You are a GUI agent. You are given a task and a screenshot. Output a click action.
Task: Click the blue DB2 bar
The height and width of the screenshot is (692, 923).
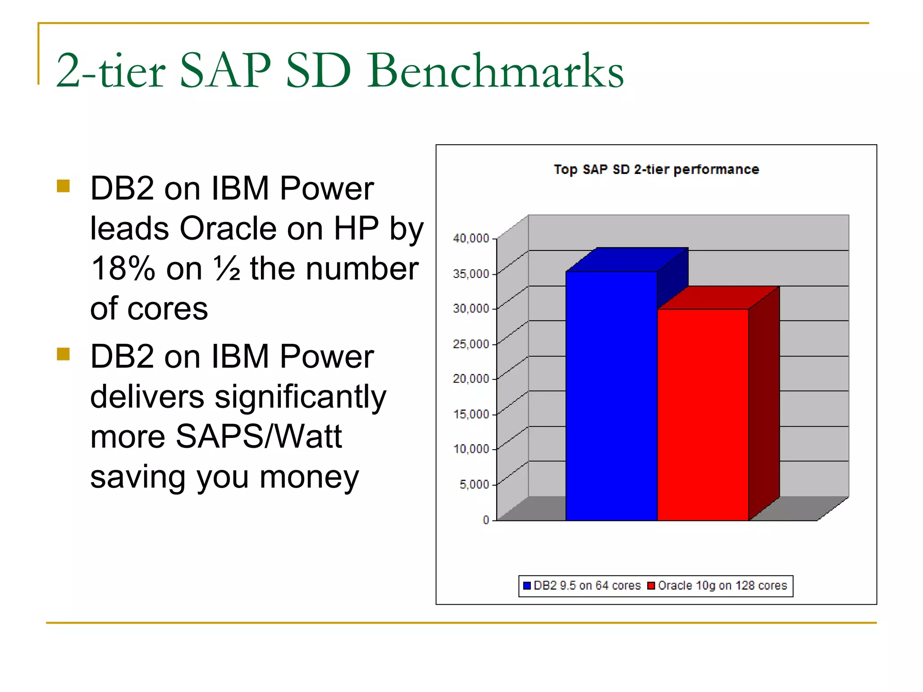[611, 396]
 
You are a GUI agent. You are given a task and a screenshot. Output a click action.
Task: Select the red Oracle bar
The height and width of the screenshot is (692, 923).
[703, 414]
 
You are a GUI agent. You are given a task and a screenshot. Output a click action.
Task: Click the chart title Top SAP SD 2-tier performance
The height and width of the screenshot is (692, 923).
[656, 169]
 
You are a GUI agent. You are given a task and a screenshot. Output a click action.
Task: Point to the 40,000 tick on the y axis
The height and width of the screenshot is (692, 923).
[471, 238]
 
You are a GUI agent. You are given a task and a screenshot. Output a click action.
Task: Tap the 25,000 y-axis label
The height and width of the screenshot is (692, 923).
[471, 344]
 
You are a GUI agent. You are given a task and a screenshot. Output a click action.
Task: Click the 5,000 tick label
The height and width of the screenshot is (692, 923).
[474, 485]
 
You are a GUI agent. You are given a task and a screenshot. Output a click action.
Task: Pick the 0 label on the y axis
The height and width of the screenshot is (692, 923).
[486, 520]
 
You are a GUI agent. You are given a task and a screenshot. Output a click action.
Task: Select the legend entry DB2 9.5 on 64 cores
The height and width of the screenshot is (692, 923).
[587, 586]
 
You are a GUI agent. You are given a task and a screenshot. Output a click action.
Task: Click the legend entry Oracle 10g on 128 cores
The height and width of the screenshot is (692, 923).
[722, 586]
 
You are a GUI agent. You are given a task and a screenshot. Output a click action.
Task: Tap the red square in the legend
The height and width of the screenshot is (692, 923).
[651, 586]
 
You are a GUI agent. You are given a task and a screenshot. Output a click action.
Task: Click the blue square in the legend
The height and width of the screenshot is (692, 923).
[527, 586]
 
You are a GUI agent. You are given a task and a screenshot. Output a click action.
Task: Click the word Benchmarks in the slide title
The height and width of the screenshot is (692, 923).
[496, 71]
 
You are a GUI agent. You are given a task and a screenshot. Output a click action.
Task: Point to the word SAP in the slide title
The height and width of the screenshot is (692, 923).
[225, 71]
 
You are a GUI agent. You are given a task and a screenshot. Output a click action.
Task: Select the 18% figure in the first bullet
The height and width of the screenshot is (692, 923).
[123, 269]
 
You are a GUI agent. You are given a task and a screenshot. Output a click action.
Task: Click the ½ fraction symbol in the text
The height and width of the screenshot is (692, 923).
[227, 269]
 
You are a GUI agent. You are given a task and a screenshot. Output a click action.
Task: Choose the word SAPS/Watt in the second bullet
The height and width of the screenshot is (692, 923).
[259, 437]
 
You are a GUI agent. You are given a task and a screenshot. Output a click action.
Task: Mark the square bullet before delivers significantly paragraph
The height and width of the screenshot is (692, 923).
[64, 354]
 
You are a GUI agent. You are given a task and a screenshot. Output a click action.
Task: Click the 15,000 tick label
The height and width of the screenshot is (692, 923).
[471, 414]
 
